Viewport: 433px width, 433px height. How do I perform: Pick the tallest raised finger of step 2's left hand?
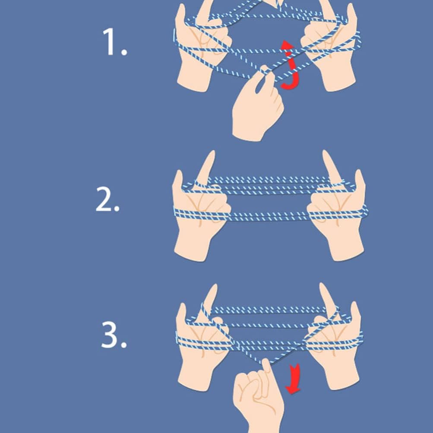click(x=208, y=166)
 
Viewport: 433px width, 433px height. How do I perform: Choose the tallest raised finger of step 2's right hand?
click(x=330, y=166)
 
